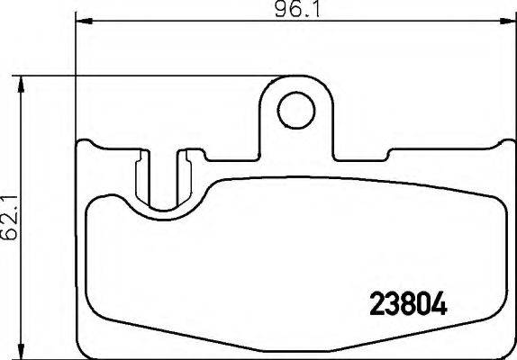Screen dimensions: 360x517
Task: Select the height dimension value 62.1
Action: [11, 218]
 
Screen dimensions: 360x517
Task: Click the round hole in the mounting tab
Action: [293, 112]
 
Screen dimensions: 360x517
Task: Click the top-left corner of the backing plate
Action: [82, 142]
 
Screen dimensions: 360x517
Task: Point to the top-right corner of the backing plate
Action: [505, 142]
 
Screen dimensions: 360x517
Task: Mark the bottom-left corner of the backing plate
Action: [84, 347]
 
